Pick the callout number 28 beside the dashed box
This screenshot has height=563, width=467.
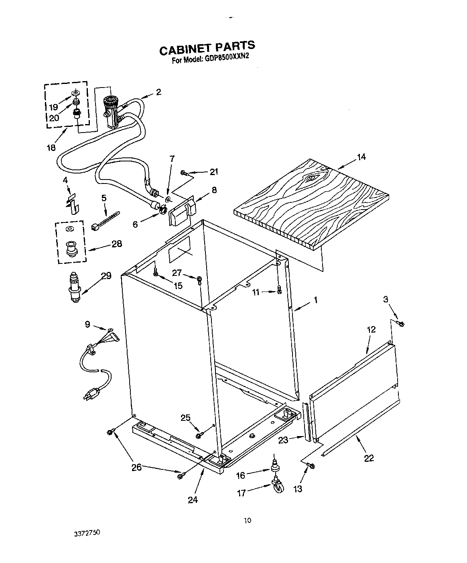pos(116,243)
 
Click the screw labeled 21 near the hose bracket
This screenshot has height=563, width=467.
pos(185,173)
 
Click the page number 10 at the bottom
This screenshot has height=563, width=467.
pos(248,521)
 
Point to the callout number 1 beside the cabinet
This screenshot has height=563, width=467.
pos(316,299)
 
